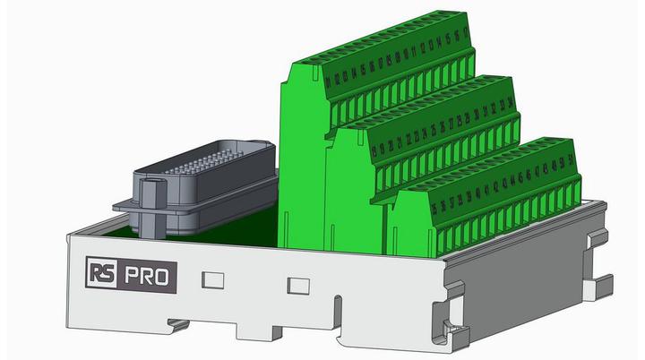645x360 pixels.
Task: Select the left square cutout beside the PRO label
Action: click(212, 279)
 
